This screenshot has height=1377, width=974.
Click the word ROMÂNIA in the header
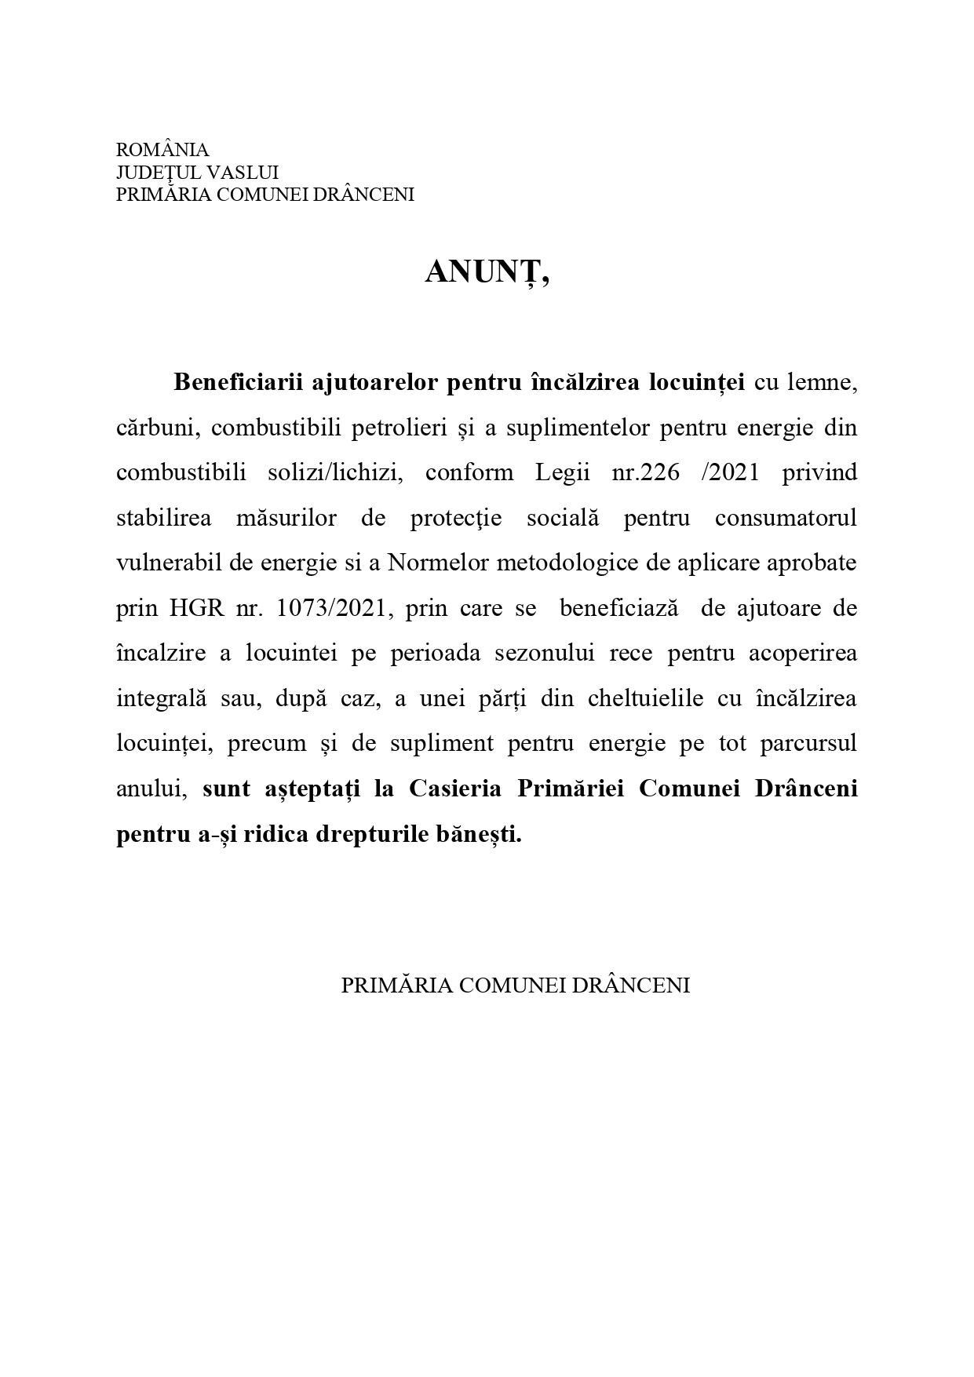(162, 150)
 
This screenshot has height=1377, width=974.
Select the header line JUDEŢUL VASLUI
(197, 172)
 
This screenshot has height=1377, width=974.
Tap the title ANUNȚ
(487, 272)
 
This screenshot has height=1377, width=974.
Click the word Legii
(563, 473)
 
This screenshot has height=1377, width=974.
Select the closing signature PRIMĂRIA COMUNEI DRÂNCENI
(515, 986)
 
